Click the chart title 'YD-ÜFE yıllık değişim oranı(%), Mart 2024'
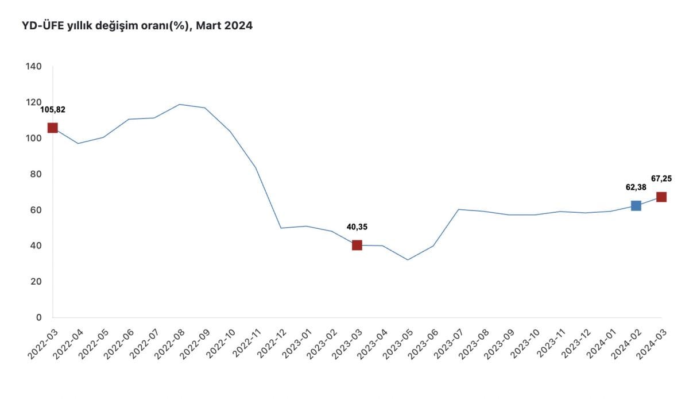point(137,26)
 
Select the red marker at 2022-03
point(52,128)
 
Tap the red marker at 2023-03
point(357,245)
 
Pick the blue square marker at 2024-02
point(636,205)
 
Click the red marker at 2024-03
point(661,197)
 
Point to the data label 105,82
point(52,110)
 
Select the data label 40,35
point(357,227)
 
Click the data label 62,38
point(636,187)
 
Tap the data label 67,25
point(661,178)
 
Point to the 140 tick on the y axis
point(34,67)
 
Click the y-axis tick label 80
point(36,174)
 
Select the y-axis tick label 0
point(39,317)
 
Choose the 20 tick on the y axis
point(36,282)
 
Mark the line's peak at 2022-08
point(179,104)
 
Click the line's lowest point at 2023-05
point(408,260)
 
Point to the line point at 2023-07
point(458,209)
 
